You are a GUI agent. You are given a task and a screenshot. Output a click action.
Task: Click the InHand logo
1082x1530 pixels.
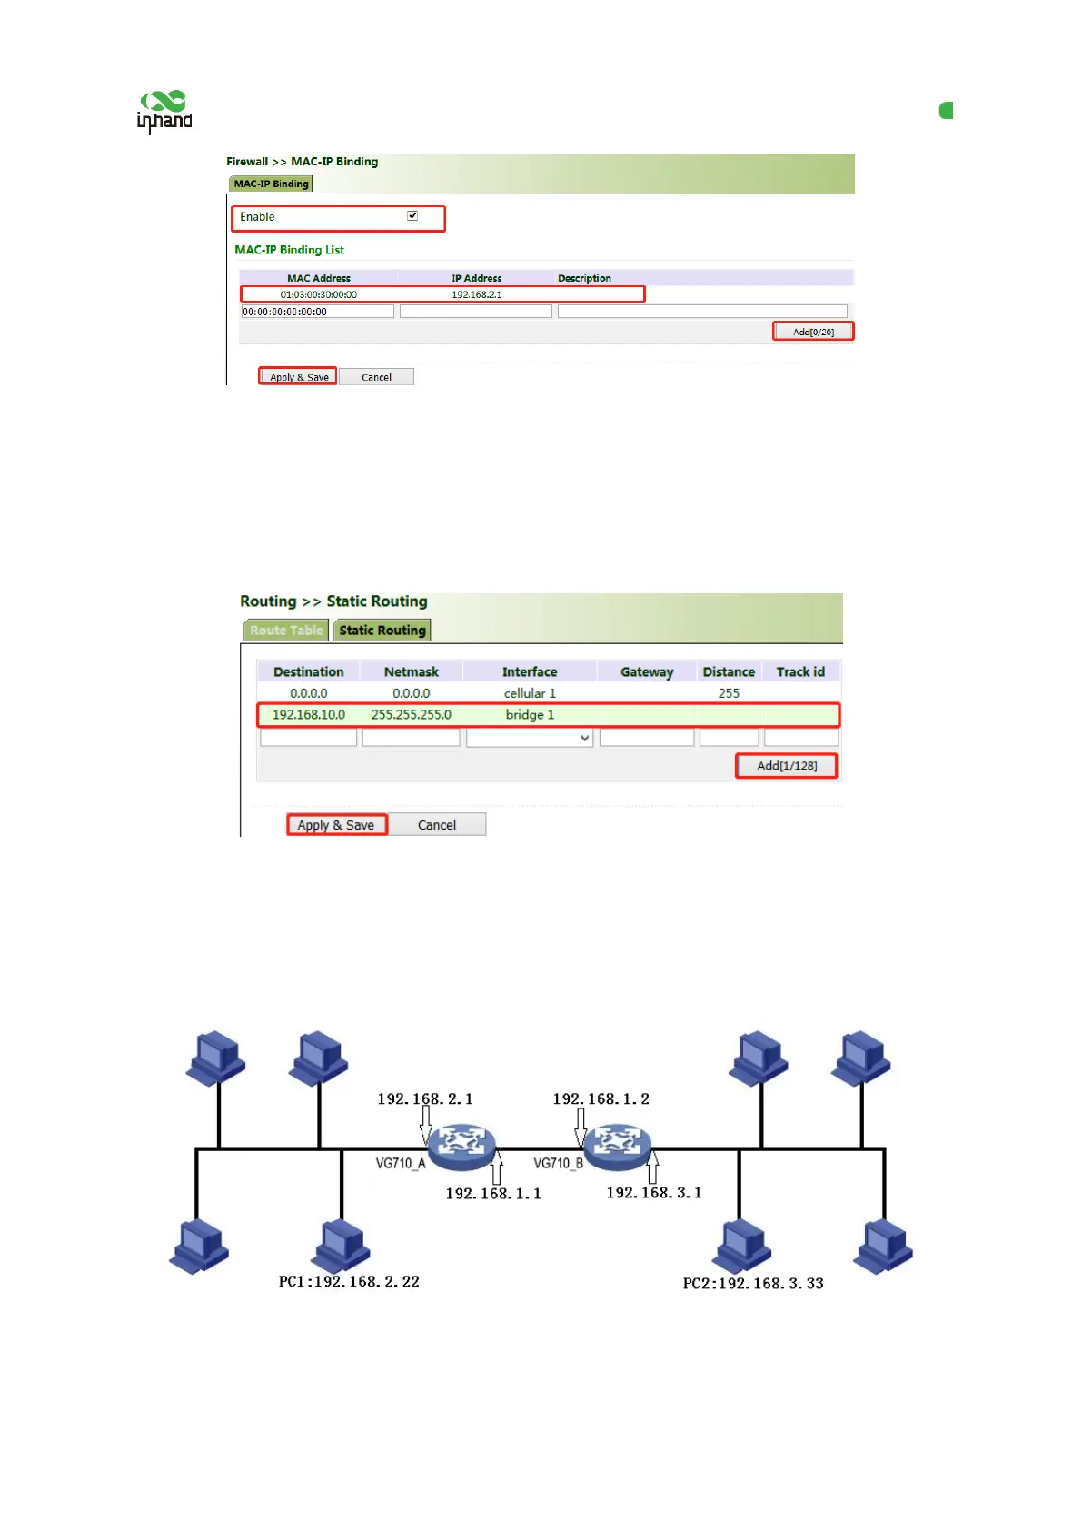point(164,113)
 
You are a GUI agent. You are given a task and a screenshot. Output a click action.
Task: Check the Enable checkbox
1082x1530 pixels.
point(412,216)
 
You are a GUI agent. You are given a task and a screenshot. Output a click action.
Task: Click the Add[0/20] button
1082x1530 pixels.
point(813,332)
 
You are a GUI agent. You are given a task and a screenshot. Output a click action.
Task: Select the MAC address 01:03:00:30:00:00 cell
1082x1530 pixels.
point(318,294)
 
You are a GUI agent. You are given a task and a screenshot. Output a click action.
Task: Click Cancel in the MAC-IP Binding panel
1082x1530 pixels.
point(376,377)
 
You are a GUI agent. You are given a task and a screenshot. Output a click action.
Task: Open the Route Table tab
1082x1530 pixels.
point(286,631)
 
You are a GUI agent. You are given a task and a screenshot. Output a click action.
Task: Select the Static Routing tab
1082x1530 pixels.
point(382,631)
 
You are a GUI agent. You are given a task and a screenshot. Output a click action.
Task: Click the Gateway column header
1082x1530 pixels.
point(647,672)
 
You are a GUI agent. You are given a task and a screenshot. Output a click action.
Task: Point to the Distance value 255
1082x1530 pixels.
point(729,693)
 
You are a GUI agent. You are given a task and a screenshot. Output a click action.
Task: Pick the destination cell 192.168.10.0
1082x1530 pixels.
point(309,715)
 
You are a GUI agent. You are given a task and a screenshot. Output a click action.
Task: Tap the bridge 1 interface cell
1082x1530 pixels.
point(530,715)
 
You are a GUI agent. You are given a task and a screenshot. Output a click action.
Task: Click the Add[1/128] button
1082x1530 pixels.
point(787,766)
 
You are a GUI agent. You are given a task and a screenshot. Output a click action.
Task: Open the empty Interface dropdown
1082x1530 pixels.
point(530,739)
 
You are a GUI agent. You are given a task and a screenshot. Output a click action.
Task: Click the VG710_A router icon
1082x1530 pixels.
point(462,1147)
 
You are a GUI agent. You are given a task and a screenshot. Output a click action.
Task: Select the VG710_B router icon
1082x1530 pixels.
point(618,1147)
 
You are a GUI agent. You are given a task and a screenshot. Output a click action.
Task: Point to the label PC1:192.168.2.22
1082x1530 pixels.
point(349,1282)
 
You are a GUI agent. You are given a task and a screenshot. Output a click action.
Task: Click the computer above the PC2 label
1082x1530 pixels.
point(742,1245)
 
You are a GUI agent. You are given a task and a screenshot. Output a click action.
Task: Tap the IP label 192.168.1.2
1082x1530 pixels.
point(601,1099)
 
